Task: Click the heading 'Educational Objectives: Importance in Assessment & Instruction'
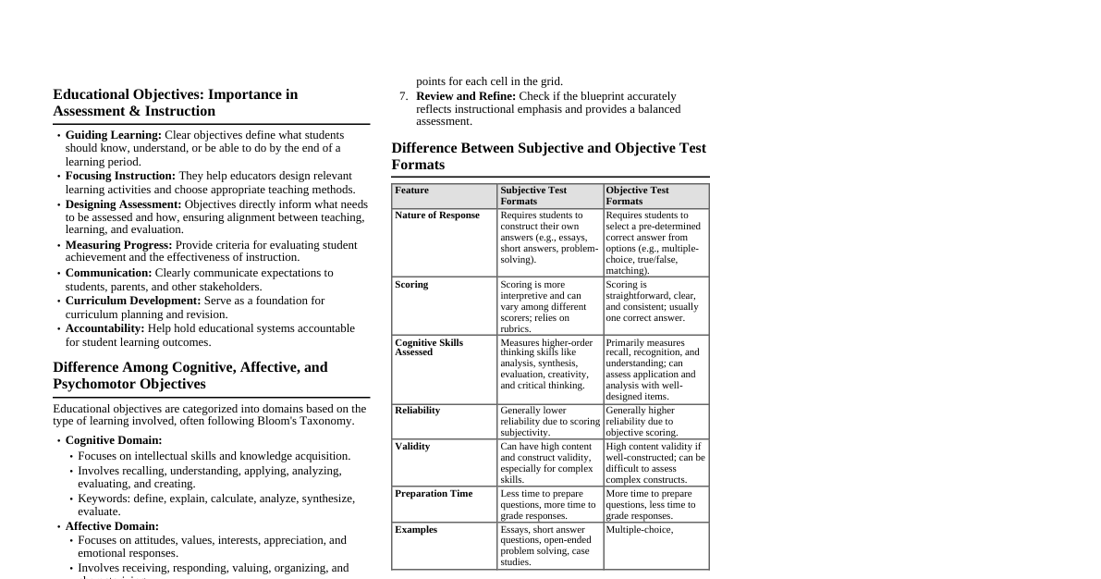pyautogui.click(x=176, y=103)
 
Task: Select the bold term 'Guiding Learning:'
pyautogui.click(x=113, y=135)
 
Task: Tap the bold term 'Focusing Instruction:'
pyautogui.click(x=120, y=176)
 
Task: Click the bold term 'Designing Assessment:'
pyautogui.click(x=123, y=204)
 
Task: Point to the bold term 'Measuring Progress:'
pyautogui.click(x=118, y=245)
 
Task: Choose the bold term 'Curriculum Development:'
pyautogui.click(x=132, y=301)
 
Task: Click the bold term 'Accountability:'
pyautogui.click(x=104, y=328)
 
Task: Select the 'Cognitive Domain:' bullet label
pyautogui.click(x=113, y=440)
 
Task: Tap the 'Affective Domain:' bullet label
pyautogui.click(x=112, y=526)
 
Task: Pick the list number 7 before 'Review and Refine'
pyautogui.click(x=403, y=96)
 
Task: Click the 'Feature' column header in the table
pyautogui.click(x=411, y=191)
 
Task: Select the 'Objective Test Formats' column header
pyautogui.click(x=637, y=195)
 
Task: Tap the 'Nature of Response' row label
pyautogui.click(x=437, y=216)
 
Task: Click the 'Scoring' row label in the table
pyautogui.click(x=411, y=285)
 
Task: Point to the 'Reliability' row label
pyautogui.click(x=417, y=411)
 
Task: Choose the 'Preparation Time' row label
pyautogui.click(x=434, y=494)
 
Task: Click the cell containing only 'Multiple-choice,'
pyautogui.click(x=640, y=530)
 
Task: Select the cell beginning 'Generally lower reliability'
pyautogui.click(x=549, y=421)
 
